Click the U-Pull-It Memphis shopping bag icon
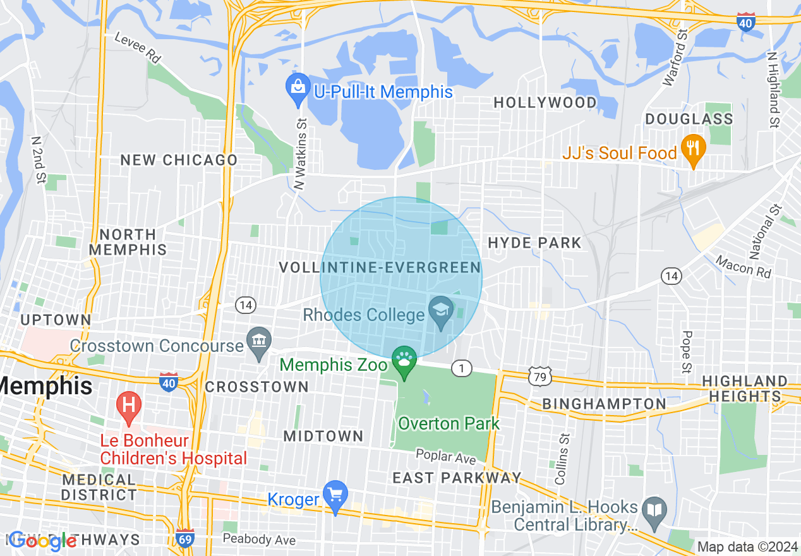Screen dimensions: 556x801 click(x=297, y=89)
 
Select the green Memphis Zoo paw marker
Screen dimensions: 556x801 click(x=404, y=361)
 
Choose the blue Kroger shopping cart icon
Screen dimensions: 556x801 click(x=335, y=495)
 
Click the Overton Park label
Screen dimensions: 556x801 click(x=449, y=423)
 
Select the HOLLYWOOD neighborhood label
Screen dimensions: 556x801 click(x=545, y=102)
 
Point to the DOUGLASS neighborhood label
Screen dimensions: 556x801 click(x=689, y=119)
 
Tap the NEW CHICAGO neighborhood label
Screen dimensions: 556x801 click(x=179, y=160)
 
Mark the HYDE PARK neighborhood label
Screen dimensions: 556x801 click(x=534, y=243)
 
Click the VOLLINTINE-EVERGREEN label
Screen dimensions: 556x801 click(x=380, y=268)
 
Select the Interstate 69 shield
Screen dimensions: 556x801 click(x=185, y=538)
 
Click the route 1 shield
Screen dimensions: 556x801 click(x=462, y=368)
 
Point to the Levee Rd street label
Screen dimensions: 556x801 click(x=137, y=47)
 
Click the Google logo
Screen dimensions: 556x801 click(x=43, y=540)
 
